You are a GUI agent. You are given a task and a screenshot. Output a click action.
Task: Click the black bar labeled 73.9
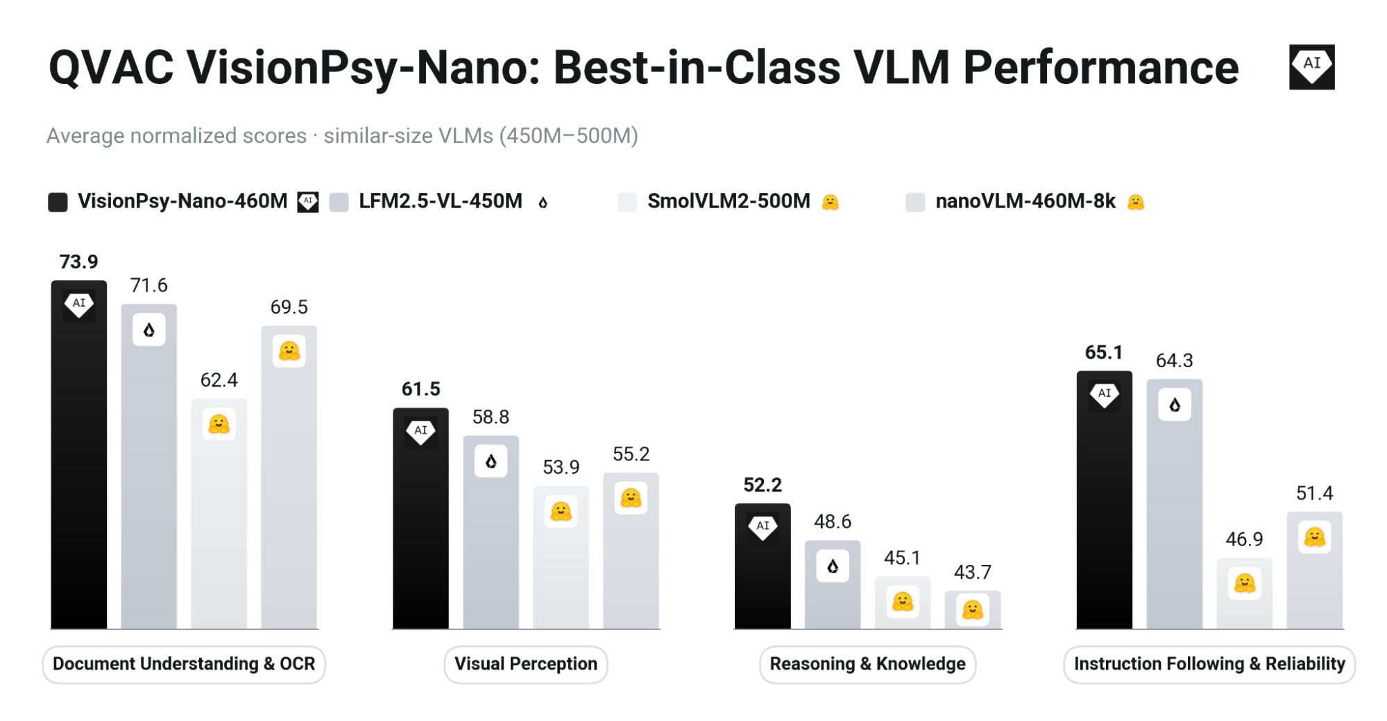(78, 455)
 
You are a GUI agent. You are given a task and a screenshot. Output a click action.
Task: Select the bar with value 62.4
(219, 514)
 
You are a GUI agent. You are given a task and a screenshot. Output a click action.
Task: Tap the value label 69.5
(289, 307)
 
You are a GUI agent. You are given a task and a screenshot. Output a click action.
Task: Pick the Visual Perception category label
(526, 664)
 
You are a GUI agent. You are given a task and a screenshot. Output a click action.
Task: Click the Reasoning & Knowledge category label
(867, 664)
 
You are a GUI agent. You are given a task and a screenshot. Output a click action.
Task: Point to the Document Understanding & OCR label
(184, 664)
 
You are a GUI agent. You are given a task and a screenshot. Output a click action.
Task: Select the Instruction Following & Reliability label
(1209, 664)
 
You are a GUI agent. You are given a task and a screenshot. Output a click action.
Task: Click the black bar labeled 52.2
(763, 566)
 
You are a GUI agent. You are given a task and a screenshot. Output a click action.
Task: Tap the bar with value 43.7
(973, 610)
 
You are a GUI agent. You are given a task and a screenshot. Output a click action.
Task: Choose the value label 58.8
(491, 417)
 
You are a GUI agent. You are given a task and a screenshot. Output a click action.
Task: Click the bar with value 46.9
(1244, 593)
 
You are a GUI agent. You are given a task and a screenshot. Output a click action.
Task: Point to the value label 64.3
(1174, 361)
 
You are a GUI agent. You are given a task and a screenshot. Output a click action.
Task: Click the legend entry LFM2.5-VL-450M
(440, 201)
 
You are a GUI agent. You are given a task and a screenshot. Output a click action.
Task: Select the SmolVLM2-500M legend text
(729, 201)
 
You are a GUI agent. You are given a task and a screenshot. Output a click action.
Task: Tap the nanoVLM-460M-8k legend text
(1026, 201)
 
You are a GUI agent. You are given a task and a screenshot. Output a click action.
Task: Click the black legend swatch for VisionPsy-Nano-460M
(58, 202)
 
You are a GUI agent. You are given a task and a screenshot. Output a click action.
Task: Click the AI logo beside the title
(1311, 67)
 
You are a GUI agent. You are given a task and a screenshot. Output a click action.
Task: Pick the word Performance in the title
(1101, 68)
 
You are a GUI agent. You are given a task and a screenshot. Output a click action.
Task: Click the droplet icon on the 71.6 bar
(149, 330)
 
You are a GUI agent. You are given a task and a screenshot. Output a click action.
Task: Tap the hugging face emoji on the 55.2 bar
(631, 498)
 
